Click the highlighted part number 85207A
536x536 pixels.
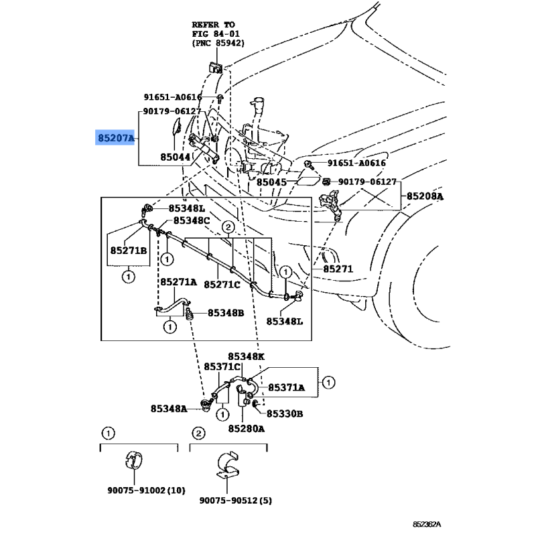click(116, 139)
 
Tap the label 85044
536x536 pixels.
click(176, 157)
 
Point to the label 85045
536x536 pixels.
click(271, 181)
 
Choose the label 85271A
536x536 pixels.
click(178, 283)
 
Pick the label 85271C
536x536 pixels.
click(222, 284)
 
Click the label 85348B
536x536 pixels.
click(226, 313)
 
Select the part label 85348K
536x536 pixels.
click(246, 356)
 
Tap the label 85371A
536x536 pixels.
click(287, 387)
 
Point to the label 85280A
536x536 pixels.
click(246, 428)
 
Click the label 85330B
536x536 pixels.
click(285, 414)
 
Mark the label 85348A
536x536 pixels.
click(168, 408)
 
